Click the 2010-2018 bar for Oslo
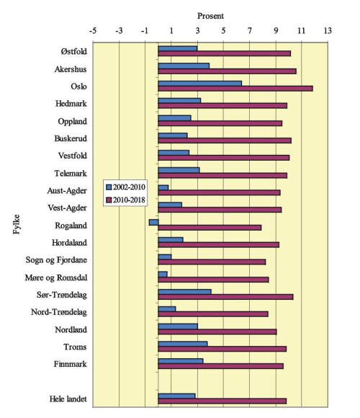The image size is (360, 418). click(235, 88)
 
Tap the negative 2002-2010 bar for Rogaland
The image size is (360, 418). click(153, 222)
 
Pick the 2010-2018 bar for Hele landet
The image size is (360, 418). click(222, 401)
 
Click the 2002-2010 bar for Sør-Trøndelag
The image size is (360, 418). click(185, 292)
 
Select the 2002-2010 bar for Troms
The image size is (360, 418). click(183, 344)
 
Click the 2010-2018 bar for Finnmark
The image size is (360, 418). click(221, 366)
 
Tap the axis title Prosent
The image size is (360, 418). click(210, 15)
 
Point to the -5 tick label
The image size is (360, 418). click(93, 31)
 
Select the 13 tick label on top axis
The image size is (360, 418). click(328, 31)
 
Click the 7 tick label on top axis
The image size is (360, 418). click(250, 31)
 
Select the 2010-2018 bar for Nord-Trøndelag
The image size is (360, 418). click(213, 313)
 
